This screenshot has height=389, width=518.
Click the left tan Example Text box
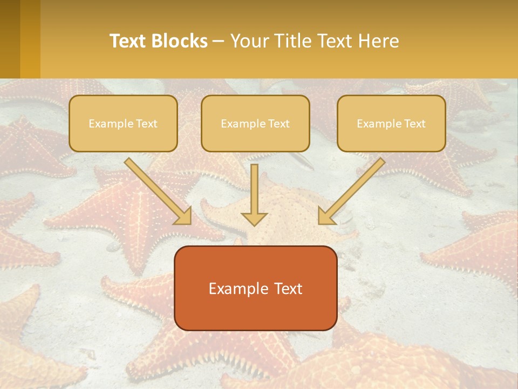tap(123, 123)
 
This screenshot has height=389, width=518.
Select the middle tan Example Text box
tap(255, 123)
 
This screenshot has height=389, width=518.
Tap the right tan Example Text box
tap(391, 123)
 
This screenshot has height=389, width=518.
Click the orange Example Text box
tap(255, 288)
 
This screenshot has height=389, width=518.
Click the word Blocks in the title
tap(179, 41)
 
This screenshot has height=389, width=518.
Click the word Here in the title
tap(378, 41)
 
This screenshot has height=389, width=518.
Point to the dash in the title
tap(219, 41)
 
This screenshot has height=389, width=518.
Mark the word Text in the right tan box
tap(414, 124)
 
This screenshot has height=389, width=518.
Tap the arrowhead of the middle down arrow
tap(254, 218)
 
